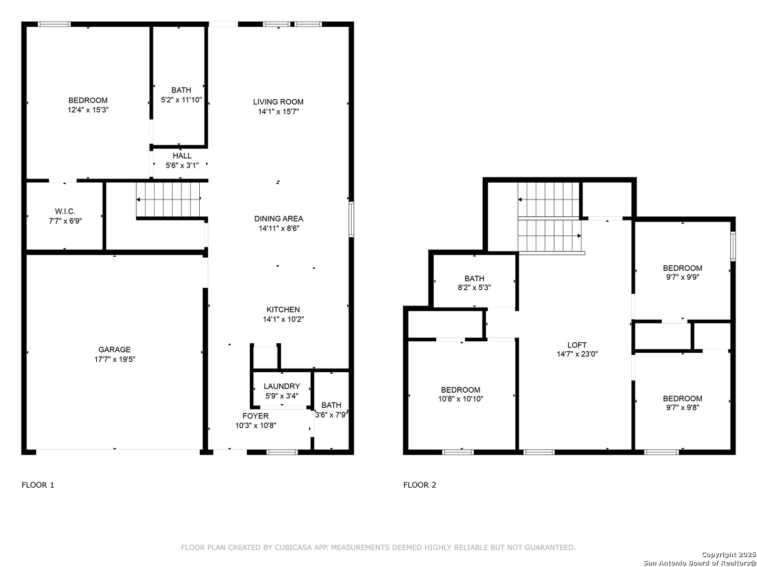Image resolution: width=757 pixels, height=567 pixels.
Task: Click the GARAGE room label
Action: tap(114, 350)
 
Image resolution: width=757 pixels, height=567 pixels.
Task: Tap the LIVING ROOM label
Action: tap(278, 102)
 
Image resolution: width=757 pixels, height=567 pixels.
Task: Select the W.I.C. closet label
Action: tap(65, 211)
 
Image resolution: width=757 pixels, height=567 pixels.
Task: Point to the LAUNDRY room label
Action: tap(281, 386)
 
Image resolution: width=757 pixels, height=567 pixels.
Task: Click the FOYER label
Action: tap(255, 416)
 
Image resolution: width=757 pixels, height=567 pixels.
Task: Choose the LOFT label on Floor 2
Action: tap(577, 345)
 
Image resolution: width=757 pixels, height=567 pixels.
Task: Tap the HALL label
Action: tap(182, 156)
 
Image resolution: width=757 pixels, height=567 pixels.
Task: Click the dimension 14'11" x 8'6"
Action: tap(279, 228)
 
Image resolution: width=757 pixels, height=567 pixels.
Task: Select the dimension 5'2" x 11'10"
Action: tap(181, 100)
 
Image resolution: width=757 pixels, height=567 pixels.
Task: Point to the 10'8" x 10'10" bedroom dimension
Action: tap(461, 398)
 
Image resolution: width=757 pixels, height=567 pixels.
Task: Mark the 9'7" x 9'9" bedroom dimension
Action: tap(682, 277)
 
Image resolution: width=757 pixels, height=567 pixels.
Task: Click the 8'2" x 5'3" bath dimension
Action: tap(474, 288)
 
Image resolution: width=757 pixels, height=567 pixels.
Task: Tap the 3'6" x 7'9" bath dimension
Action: tap(331, 415)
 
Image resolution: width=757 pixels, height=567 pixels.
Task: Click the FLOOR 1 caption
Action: tap(38, 485)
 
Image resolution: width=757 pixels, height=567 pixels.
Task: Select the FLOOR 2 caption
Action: tap(420, 485)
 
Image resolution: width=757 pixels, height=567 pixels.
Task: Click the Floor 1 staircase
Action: tap(168, 199)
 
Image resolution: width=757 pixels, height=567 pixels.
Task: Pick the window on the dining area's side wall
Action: tap(351, 219)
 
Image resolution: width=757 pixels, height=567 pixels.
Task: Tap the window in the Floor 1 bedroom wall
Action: tap(54, 24)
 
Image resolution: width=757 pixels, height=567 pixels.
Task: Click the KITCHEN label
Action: tap(283, 310)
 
